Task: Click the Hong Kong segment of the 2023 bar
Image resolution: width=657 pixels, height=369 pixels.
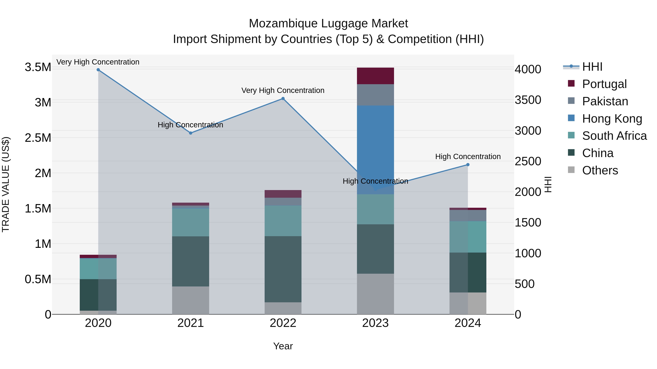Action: (x=375, y=143)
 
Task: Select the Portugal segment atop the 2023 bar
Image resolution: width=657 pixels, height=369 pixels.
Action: (x=375, y=76)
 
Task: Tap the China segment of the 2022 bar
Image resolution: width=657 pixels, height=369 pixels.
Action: (x=283, y=269)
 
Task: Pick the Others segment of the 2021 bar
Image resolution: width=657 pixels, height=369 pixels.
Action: (x=191, y=300)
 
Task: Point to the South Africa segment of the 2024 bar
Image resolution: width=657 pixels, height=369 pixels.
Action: (x=468, y=237)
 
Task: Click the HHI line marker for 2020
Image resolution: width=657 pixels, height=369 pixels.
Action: (x=98, y=70)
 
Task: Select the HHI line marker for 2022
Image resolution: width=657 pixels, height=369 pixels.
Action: (x=283, y=99)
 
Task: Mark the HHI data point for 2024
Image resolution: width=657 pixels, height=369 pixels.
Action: (x=468, y=165)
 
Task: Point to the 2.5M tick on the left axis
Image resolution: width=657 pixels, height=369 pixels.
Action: (x=38, y=138)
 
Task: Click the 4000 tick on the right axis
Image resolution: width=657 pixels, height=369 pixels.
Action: (x=528, y=69)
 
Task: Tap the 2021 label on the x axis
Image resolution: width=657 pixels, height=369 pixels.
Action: (x=191, y=323)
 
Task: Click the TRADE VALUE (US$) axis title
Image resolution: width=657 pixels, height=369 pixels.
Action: (x=6, y=184)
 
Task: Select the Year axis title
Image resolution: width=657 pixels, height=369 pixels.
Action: (x=283, y=346)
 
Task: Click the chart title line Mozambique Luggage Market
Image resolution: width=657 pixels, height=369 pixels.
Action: (x=328, y=24)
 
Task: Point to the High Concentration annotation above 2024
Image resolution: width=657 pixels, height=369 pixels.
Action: (x=468, y=156)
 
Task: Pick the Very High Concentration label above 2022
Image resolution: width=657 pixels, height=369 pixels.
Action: (x=283, y=90)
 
